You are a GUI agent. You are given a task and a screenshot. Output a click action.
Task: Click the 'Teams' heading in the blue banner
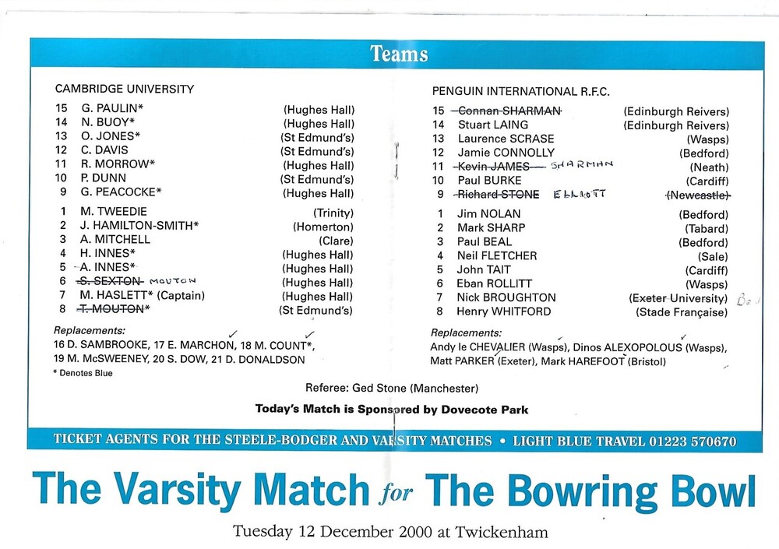click(399, 54)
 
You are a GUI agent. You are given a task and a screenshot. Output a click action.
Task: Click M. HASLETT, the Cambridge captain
click(110, 297)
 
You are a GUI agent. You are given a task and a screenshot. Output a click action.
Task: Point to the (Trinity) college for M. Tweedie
click(333, 213)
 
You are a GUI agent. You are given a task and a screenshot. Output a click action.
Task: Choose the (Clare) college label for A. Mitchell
click(336, 241)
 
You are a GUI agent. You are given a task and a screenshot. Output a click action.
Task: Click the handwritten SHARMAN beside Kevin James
click(583, 165)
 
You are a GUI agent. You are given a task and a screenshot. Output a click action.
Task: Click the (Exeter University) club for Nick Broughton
click(678, 297)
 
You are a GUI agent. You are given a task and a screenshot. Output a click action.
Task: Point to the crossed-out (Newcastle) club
click(696, 195)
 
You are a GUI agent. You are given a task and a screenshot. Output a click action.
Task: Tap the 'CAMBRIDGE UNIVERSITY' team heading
click(125, 90)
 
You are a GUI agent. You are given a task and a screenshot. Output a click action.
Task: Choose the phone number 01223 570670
click(690, 441)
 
